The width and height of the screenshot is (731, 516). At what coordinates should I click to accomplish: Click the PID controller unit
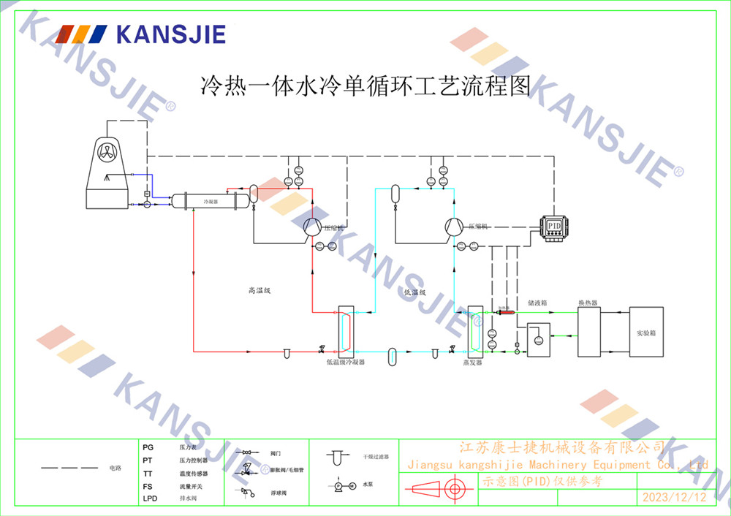[553, 226]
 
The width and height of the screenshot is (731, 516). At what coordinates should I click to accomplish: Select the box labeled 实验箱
[646, 332]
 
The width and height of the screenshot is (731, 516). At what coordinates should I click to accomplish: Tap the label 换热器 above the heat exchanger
[588, 302]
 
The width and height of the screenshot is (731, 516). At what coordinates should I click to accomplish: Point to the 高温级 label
[260, 291]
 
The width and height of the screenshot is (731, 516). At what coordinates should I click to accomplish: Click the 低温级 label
[414, 292]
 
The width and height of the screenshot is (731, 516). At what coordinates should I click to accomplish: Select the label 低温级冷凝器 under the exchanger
[345, 361]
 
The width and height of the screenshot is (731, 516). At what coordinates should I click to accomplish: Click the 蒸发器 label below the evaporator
[473, 361]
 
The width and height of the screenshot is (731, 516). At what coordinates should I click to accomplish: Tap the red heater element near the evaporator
[504, 312]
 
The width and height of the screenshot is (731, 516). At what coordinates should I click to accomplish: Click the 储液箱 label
[537, 302]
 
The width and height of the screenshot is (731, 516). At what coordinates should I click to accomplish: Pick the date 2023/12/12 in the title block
[674, 498]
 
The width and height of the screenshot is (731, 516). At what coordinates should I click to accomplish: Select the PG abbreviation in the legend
[148, 446]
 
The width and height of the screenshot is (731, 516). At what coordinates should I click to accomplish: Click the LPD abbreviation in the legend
[150, 498]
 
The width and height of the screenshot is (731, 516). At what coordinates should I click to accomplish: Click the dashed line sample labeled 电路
[69, 467]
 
